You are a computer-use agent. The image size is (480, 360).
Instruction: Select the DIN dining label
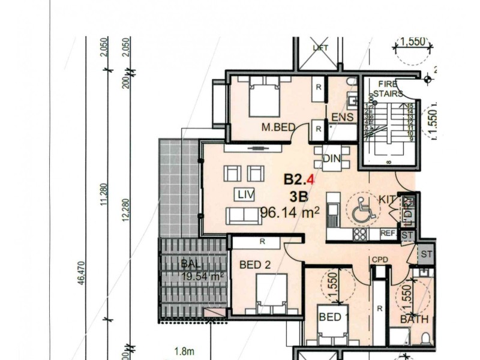click(331, 159)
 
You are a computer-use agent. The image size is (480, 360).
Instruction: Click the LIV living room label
click(244, 194)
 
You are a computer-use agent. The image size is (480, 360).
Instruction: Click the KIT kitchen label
click(388, 199)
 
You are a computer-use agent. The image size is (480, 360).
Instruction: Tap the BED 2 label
click(256, 265)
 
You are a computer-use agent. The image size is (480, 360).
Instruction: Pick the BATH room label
click(414, 319)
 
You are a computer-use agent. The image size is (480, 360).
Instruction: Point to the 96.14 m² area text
click(290, 212)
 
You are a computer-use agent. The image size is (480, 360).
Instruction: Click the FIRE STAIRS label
click(388, 89)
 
